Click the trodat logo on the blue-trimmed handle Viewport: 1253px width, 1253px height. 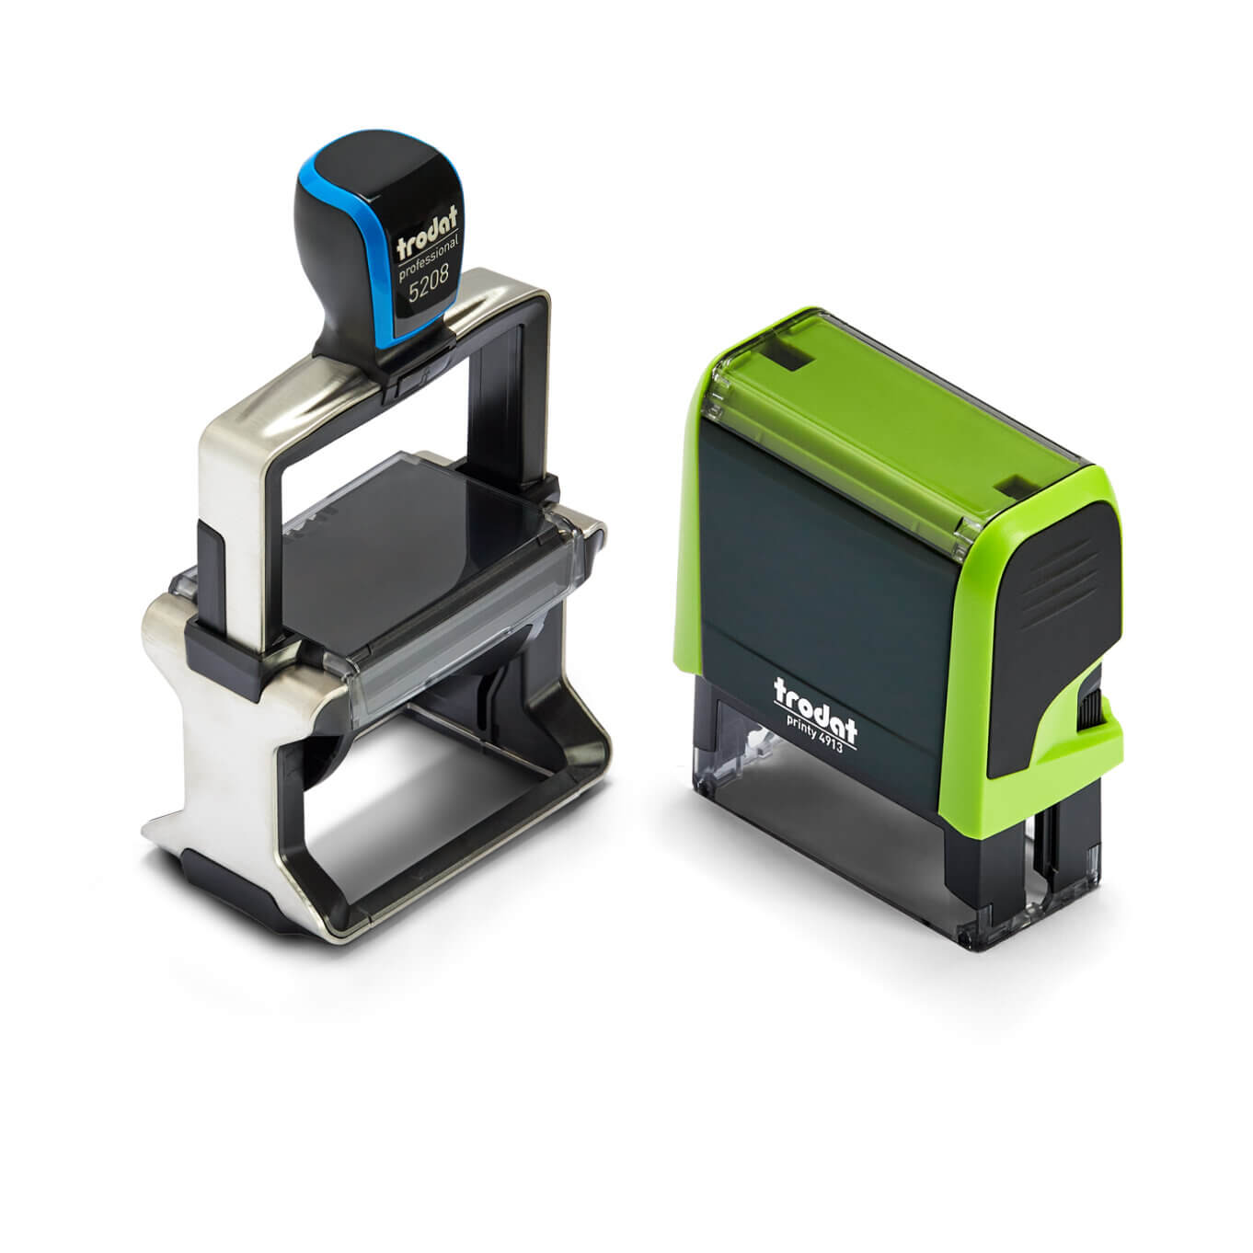(427, 230)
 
